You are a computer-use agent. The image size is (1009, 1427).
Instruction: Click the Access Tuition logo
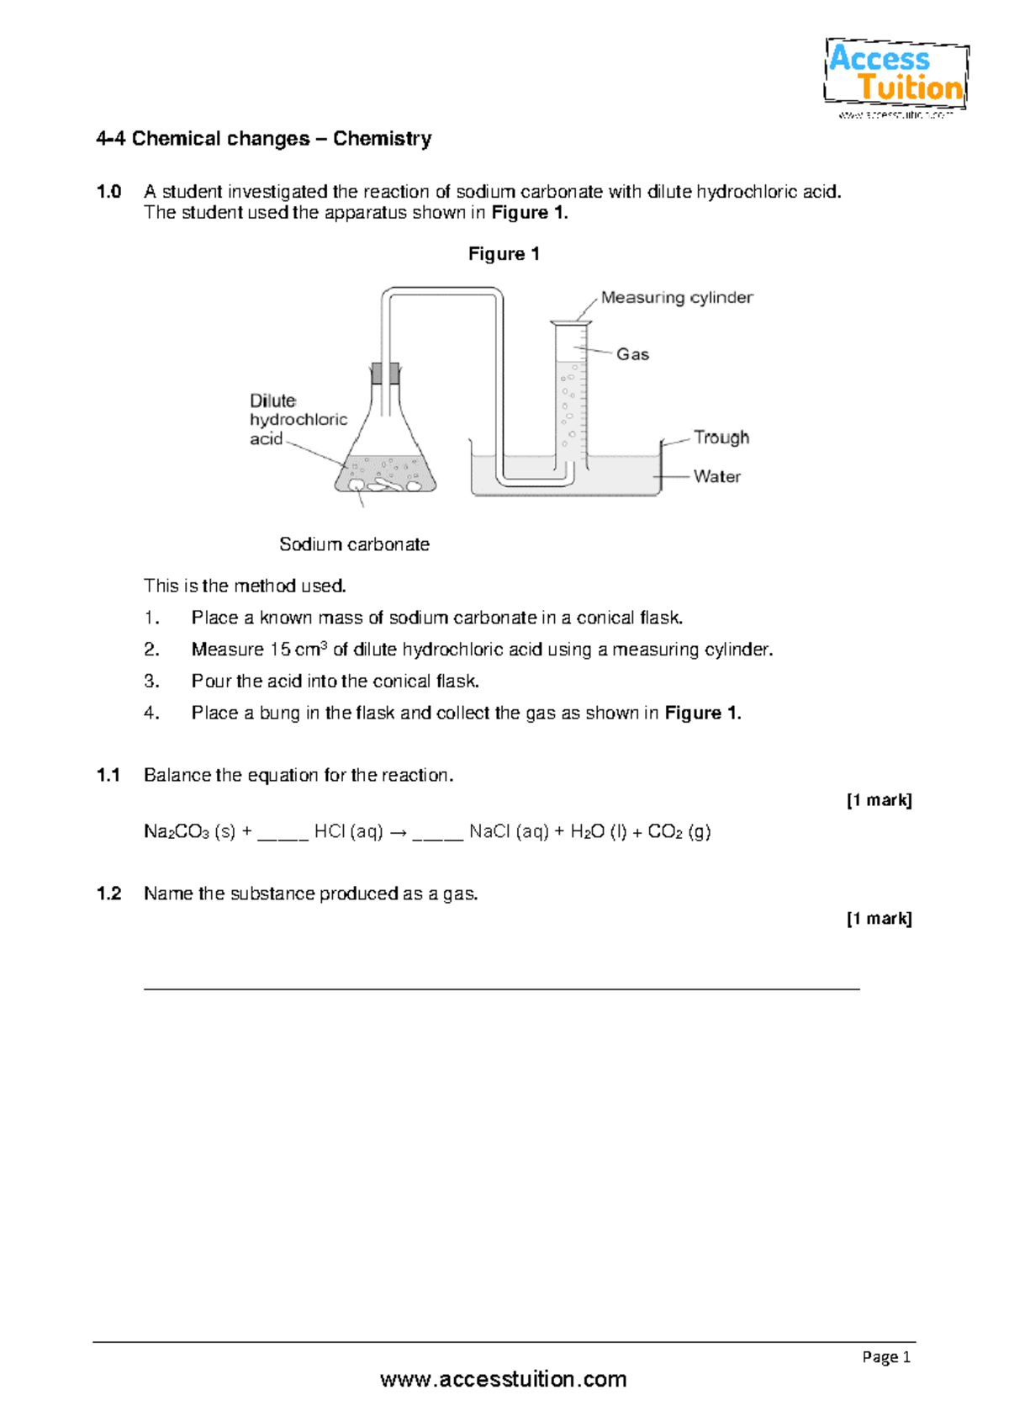pyautogui.click(x=895, y=76)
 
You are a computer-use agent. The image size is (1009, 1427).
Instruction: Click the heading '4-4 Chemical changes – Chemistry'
pyautogui.click(x=264, y=139)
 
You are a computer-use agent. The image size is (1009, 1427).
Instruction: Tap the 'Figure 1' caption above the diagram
pyautogui.click(x=504, y=254)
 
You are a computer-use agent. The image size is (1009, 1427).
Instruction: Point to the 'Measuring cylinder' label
pyautogui.click(x=677, y=298)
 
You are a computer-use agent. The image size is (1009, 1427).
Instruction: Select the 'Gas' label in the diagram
pyautogui.click(x=632, y=354)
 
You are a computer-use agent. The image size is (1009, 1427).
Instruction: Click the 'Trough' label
pyautogui.click(x=721, y=438)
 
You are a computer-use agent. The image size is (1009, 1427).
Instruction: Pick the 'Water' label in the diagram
pyautogui.click(x=716, y=476)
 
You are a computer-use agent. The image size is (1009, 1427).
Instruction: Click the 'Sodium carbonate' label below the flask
pyautogui.click(x=354, y=544)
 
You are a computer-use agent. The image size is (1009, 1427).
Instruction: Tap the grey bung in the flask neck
pyautogui.click(x=385, y=373)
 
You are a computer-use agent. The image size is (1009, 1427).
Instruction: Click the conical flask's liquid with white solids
pyautogui.click(x=385, y=475)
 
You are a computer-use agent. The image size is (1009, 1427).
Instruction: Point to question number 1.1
pyautogui.click(x=108, y=775)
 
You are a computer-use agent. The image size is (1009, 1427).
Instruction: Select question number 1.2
pyautogui.click(x=108, y=894)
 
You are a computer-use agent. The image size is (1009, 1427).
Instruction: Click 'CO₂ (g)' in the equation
pyautogui.click(x=679, y=832)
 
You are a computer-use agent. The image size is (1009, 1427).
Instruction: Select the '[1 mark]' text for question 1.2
pyautogui.click(x=879, y=919)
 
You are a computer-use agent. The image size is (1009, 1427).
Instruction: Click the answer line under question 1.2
pyautogui.click(x=501, y=989)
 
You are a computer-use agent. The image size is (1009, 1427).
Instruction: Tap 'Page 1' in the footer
pyautogui.click(x=886, y=1356)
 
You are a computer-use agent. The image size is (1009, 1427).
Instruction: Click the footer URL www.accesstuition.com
pyautogui.click(x=503, y=1380)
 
